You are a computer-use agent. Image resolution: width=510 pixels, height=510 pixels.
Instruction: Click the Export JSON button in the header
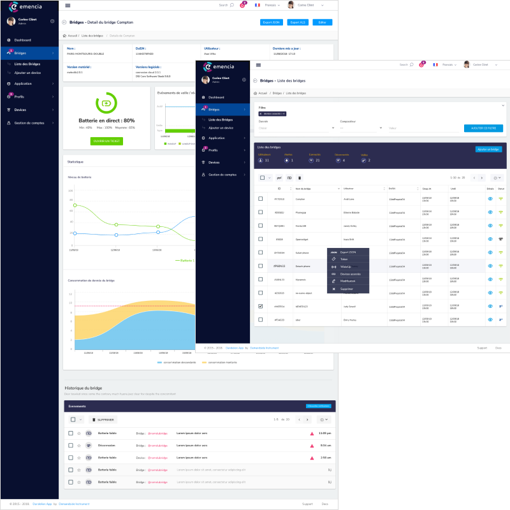pos(272,22)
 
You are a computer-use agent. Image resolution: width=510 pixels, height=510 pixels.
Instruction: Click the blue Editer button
pos(322,22)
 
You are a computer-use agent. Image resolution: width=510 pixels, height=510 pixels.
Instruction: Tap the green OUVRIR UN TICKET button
pos(106,140)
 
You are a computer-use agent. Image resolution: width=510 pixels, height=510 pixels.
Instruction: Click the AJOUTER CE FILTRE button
pos(483,128)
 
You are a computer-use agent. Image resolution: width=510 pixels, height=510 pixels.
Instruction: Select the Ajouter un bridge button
pos(488,149)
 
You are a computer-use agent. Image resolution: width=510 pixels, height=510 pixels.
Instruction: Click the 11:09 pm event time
pos(324,433)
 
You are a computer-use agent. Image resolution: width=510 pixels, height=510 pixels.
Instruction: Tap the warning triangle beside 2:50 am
pos(312,458)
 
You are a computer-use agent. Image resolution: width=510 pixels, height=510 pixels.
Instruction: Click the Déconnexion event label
pos(106,446)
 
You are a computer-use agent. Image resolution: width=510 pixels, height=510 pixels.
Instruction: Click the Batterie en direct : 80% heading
pos(106,120)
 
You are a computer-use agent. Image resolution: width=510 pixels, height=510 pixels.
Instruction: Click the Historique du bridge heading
pos(84,388)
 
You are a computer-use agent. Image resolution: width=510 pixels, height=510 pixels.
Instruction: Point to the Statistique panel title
pos(75,161)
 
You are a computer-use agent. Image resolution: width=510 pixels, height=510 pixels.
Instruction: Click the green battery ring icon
pos(106,103)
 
